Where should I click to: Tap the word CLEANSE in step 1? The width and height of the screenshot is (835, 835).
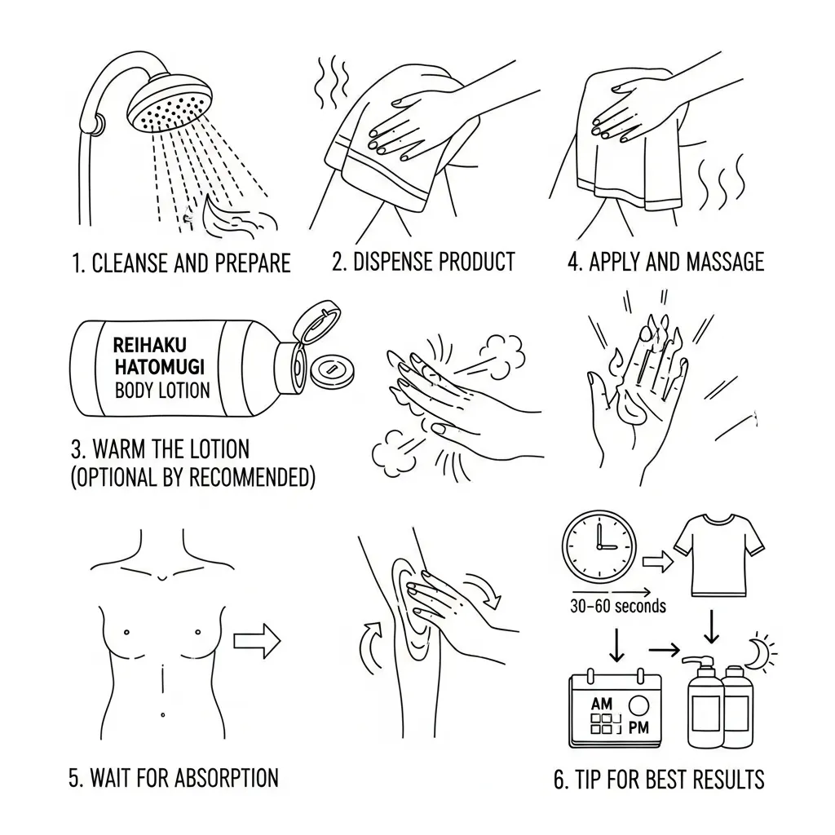[x=130, y=263]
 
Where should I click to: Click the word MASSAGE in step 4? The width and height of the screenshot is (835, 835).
[x=725, y=262]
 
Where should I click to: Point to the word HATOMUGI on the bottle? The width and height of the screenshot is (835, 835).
[x=159, y=367]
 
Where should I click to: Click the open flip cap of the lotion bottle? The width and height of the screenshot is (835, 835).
[x=317, y=321]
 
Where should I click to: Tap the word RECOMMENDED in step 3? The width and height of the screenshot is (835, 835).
[x=250, y=477]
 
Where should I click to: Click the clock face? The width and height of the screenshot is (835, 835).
[x=599, y=547]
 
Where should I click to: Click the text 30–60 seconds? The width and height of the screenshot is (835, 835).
[x=618, y=606]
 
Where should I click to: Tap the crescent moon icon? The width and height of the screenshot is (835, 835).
[x=756, y=652]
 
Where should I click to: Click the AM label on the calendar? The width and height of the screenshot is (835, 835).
[x=602, y=704]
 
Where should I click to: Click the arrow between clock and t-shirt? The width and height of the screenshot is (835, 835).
[x=658, y=562]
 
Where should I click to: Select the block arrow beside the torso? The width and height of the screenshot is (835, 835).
[x=257, y=641]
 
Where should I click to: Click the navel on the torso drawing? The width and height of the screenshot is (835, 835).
[x=162, y=714]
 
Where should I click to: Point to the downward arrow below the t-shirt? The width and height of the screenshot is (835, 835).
[x=711, y=627]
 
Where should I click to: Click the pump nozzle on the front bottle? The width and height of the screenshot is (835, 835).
[x=697, y=660]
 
